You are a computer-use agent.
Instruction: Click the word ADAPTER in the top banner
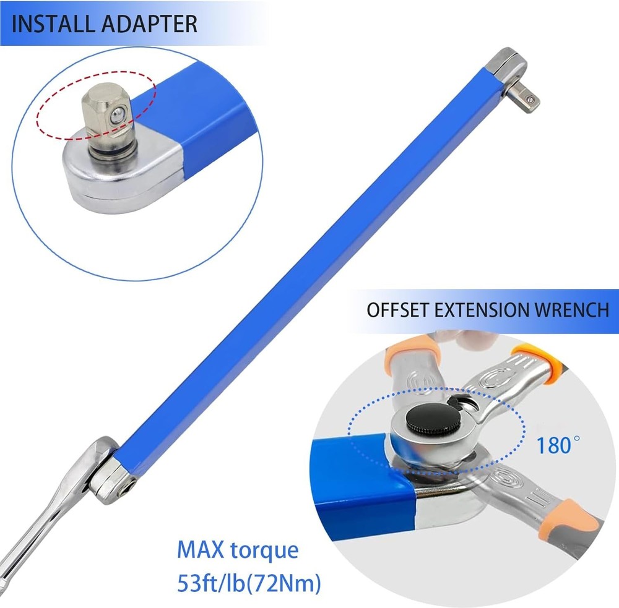(149, 24)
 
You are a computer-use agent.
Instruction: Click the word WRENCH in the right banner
(571, 310)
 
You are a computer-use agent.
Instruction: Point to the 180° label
(558, 445)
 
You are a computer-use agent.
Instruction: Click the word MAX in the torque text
(201, 550)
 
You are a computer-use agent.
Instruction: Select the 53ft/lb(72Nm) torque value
(249, 583)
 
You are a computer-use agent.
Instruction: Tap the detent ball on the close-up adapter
(116, 115)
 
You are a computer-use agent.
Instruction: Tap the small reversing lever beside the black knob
(457, 401)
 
